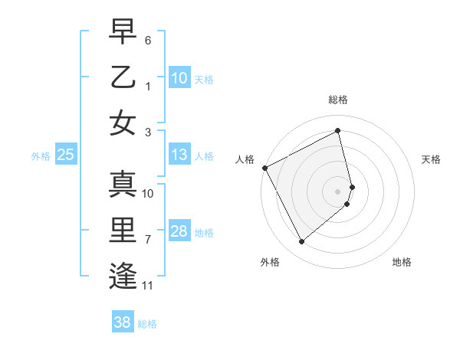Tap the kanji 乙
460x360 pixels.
pos(123,78)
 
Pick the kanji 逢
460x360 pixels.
pos(123,274)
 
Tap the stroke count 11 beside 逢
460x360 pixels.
pos(149,286)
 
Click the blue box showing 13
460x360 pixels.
pos(179,155)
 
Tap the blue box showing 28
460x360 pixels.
pos(179,232)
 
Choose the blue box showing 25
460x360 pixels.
pos(66,155)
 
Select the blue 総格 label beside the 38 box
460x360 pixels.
pos(147,324)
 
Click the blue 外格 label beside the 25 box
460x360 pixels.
pos(41,156)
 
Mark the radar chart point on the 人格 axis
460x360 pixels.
pos(264,168)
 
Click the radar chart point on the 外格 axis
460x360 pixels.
pos(301,242)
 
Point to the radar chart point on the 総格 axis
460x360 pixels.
pos(338,131)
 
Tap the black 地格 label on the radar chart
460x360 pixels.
pos(402,262)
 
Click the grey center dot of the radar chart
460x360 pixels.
pos(338,191)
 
